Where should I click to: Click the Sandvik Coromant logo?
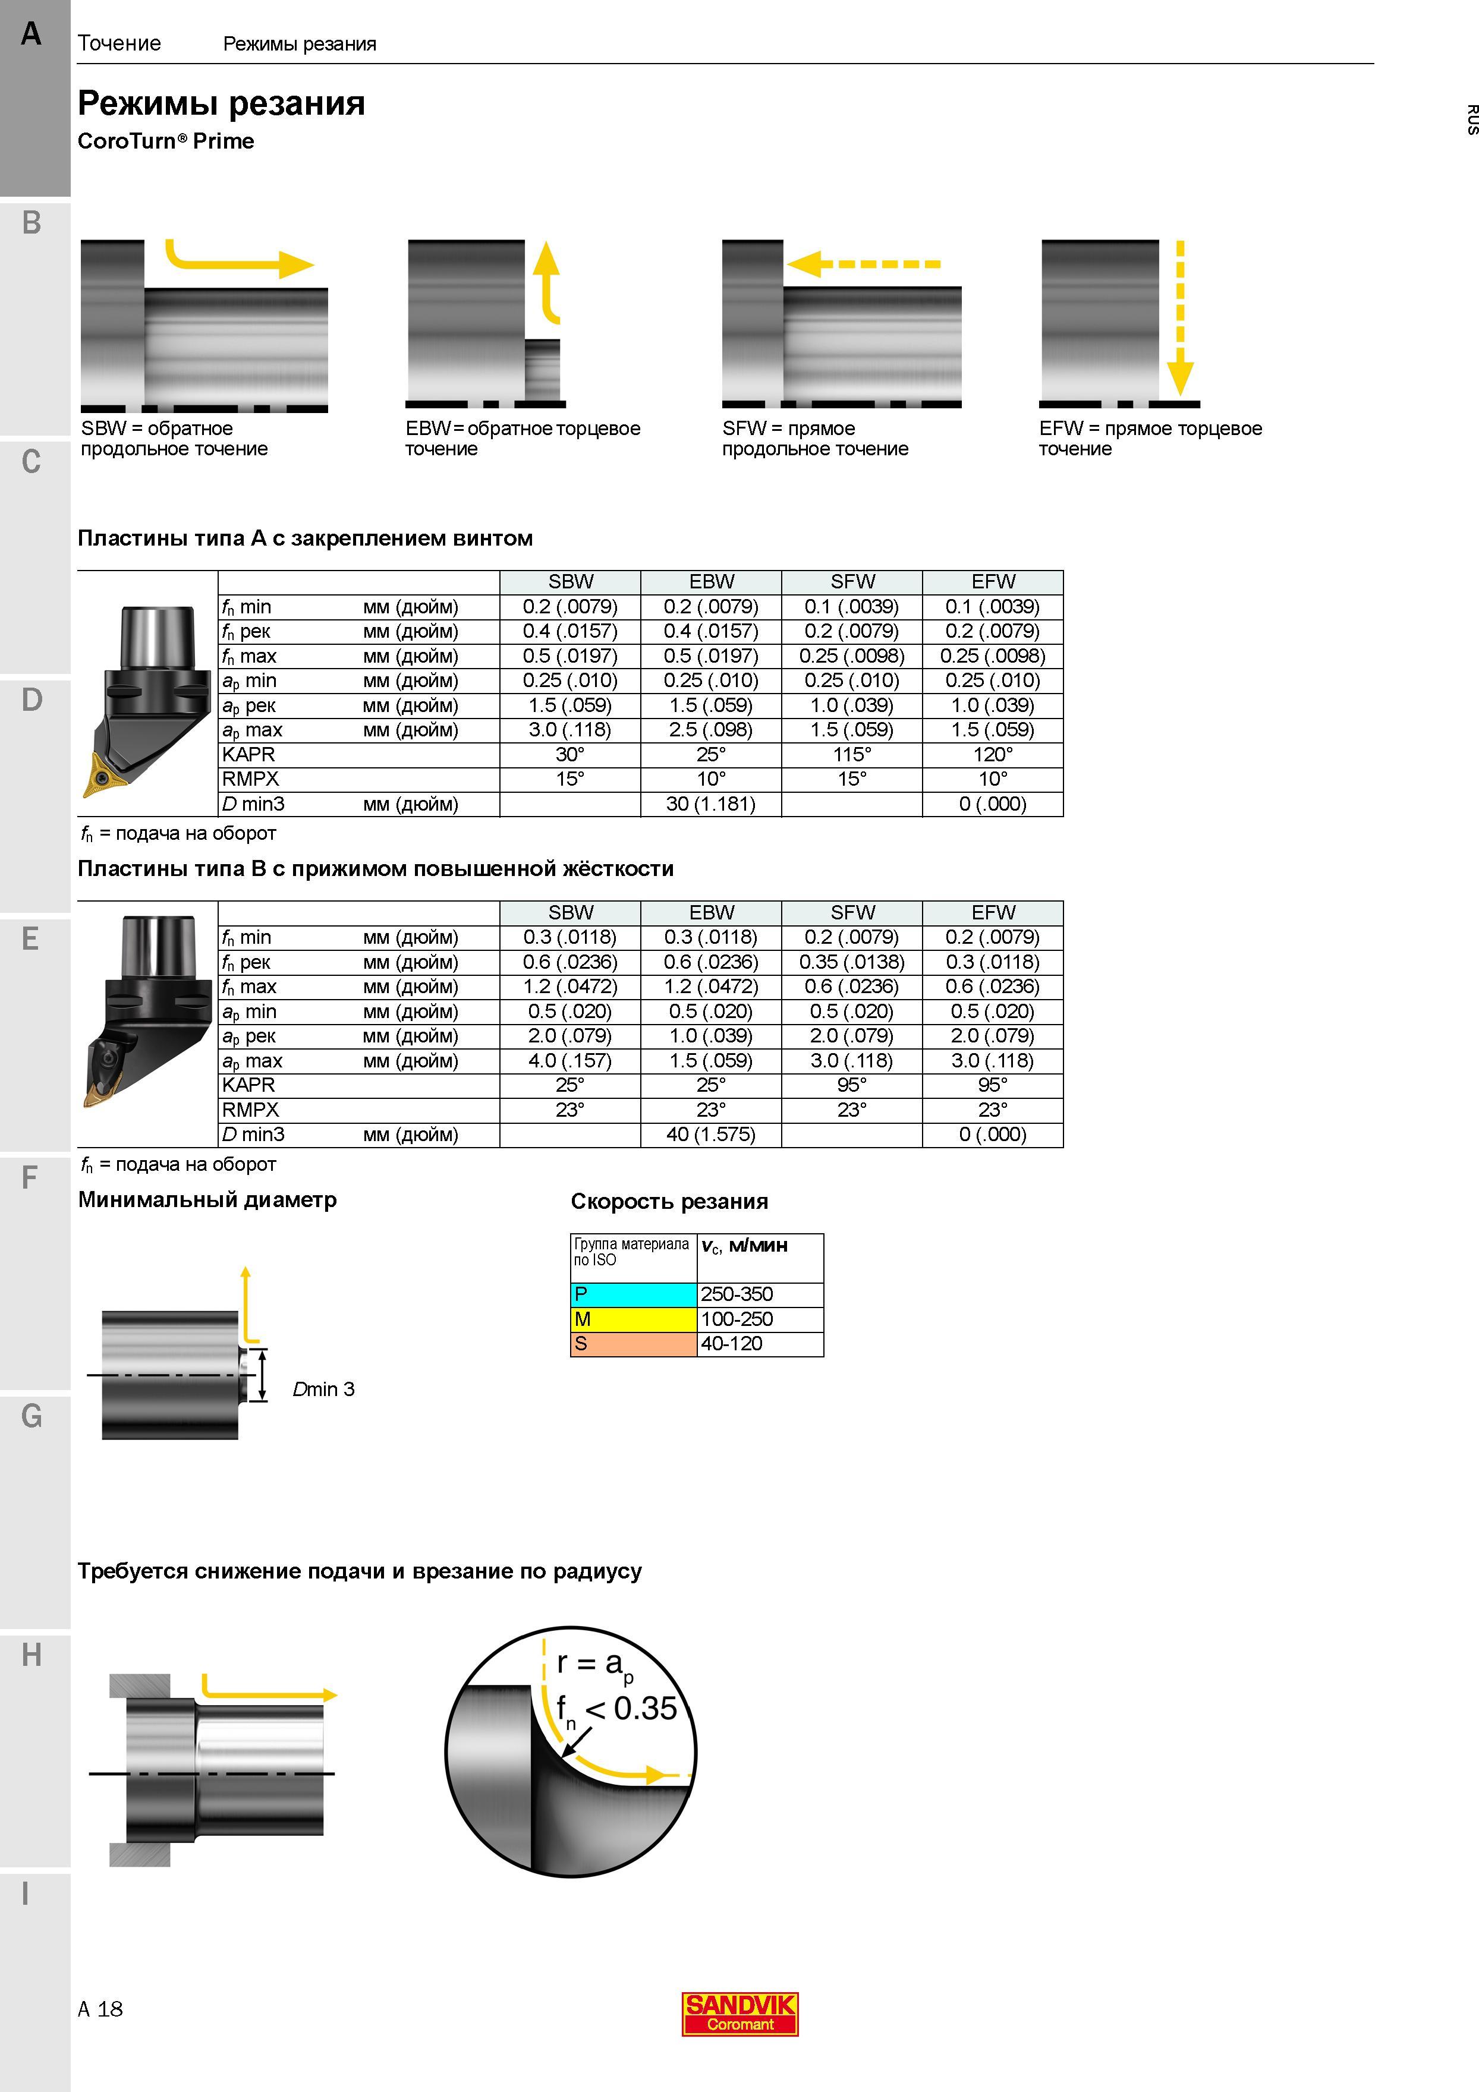[x=740, y=2014]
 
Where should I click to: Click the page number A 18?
[x=100, y=2009]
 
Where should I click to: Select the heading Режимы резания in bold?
[x=222, y=103]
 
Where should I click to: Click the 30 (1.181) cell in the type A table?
[x=711, y=804]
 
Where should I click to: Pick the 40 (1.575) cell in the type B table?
[x=711, y=1135]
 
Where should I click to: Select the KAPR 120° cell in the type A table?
[x=992, y=754]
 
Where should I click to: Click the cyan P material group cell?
[x=633, y=1294]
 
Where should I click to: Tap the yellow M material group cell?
[x=633, y=1318]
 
